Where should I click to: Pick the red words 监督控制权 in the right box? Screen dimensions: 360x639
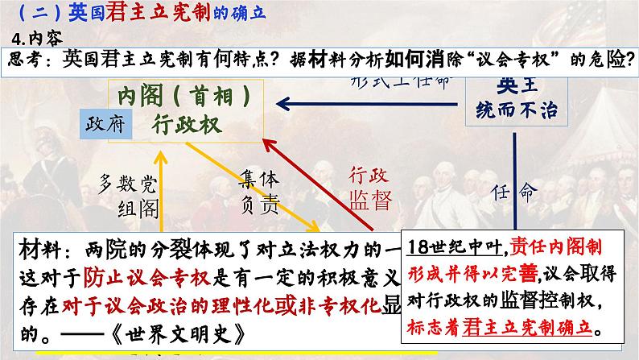[545, 306]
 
